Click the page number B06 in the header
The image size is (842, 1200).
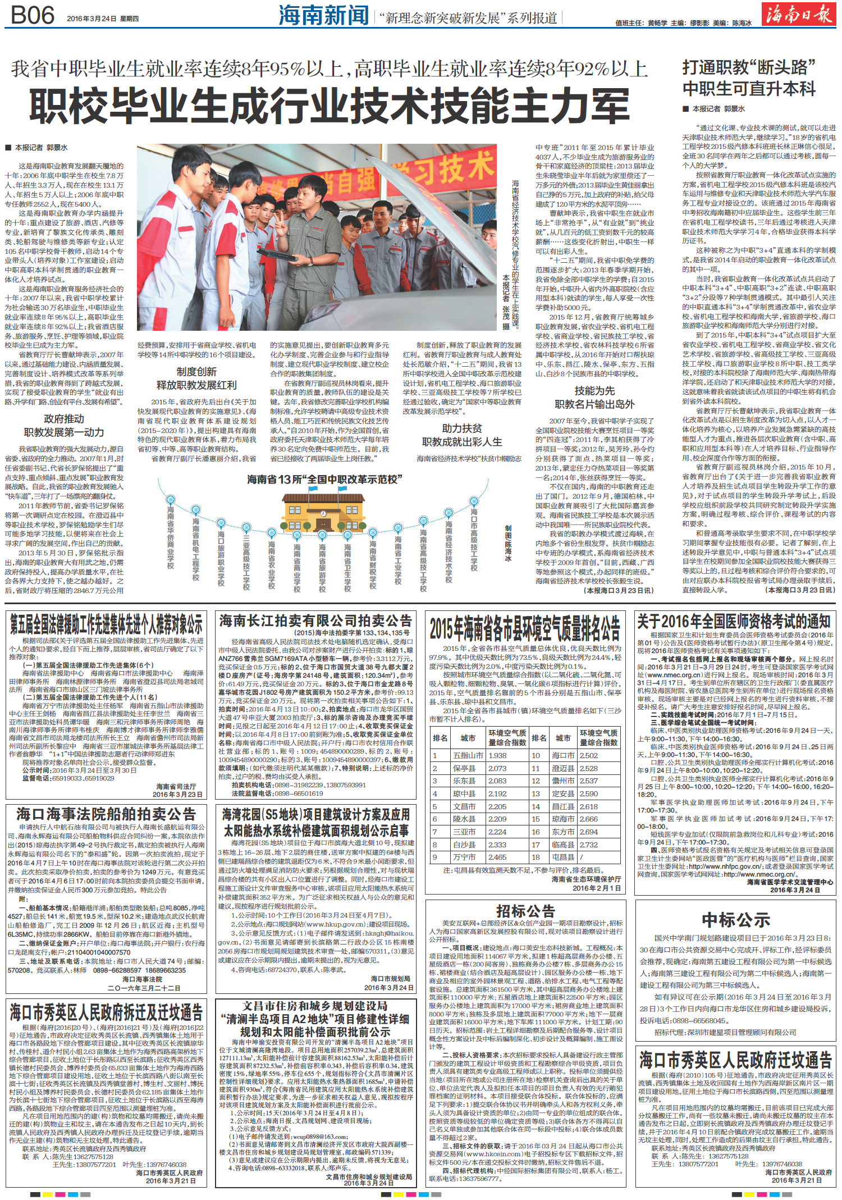pos(33,15)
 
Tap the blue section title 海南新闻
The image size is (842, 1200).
pos(324,16)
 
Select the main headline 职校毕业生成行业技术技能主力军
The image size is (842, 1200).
pos(330,106)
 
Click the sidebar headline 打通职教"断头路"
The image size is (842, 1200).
pos(748,68)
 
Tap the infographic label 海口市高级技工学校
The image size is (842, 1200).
pos(474,540)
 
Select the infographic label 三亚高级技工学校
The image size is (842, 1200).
pos(246,562)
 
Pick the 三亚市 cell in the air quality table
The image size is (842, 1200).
pos(464,832)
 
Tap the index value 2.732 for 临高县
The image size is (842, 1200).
pos(589,845)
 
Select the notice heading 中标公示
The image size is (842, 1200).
pos(735,920)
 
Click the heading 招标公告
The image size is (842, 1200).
pos(525,910)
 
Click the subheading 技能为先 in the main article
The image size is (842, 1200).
pos(594,391)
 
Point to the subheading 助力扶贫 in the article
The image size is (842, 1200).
pos(462,428)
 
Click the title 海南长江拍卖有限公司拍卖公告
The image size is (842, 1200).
pos(316,620)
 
